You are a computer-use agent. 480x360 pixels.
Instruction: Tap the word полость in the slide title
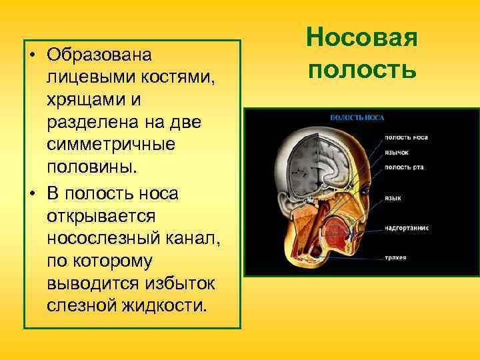point(362,69)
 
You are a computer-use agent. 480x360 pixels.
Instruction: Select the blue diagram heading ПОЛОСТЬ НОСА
point(357,117)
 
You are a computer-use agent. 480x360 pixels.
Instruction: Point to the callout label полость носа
point(406,138)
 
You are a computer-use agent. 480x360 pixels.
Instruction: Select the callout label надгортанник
point(406,227)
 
